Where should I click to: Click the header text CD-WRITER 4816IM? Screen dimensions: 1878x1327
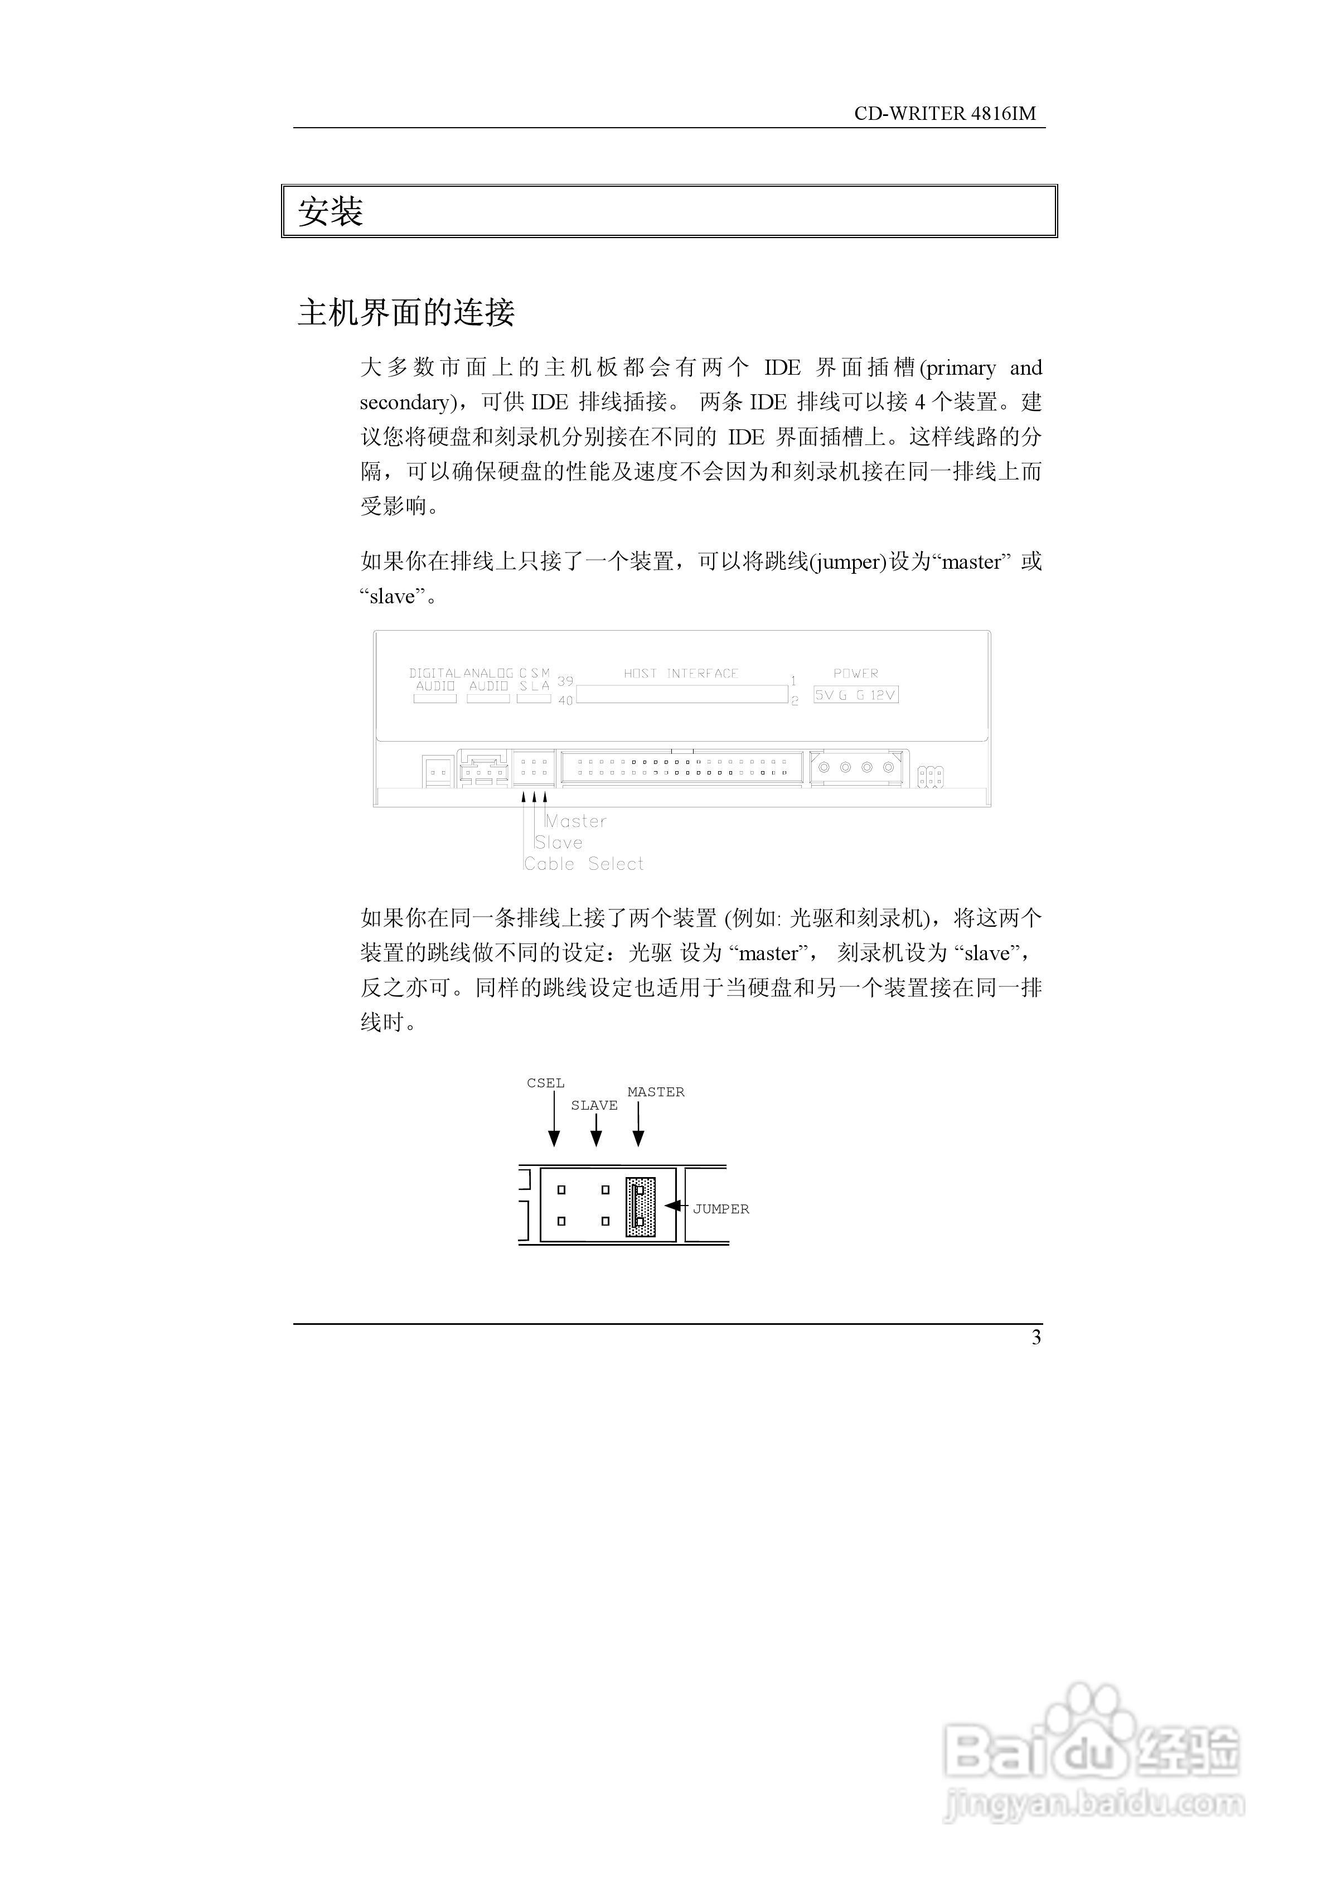[x=945, y=114]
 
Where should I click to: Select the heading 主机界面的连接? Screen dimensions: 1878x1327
[x=406, y=312]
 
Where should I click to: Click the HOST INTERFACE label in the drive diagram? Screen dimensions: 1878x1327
[x=681, y=673]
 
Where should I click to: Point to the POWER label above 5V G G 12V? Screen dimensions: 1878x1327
[x=856, y=673]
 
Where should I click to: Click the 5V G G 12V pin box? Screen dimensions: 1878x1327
[x=856, y=695]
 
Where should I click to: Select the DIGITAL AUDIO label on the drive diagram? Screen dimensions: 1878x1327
[x=434, y=680]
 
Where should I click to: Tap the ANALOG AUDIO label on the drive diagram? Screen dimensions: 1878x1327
[x=488, y=680]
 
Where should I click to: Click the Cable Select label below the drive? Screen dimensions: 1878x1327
[x=583, y=864]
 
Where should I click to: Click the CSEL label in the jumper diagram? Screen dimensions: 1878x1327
[x=546, y=1083]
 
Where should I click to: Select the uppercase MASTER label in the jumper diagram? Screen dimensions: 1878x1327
[x=655, y=1092]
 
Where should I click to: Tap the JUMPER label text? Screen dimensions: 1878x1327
[x=721, y=1209]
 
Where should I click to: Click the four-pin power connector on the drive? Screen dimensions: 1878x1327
[x=856, y=768]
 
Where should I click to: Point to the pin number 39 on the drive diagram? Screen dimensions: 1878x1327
[x=565, y=680]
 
